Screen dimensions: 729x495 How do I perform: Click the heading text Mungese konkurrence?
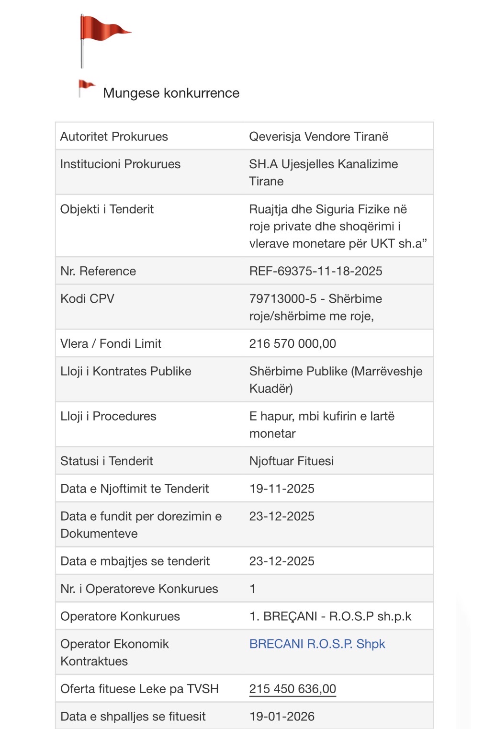pos(171,93)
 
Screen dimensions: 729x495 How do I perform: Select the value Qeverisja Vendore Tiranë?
pos(318,137)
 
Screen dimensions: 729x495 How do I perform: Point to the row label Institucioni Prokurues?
pos(120,164)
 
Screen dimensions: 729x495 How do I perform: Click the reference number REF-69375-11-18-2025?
pos(315,271)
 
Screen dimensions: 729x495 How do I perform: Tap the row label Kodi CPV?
pos(87,299)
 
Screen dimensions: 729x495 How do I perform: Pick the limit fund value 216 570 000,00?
pos(292,343)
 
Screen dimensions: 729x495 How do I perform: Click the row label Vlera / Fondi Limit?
pos(111,343)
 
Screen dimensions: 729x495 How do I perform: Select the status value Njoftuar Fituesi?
pos(291,461)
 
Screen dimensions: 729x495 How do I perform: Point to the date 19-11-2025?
pos(281,489)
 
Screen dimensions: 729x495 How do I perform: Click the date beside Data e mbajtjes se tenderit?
pos(281,561)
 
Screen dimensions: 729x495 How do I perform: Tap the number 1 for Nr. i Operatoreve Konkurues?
pos(252,589)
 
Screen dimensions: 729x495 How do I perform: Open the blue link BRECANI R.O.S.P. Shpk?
pos(317,644)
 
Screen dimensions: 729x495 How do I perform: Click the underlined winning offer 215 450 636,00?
pos(292,689)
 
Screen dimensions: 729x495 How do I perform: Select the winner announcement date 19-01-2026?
pos(281,717)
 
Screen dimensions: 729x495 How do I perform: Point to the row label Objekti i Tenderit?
pos(107,209)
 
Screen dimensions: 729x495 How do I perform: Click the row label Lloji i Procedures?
pos(108,416)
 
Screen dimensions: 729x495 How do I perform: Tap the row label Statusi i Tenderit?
pos(106,461)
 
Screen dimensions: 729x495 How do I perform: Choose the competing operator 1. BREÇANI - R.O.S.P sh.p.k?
pos(330,616)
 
